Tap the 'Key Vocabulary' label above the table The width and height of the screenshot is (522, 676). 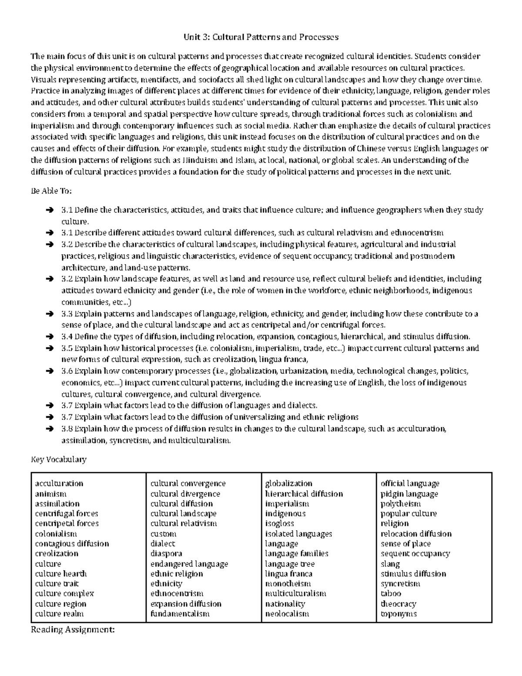click(x=59, y=459)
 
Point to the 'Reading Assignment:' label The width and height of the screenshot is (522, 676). click(x=73, y=629)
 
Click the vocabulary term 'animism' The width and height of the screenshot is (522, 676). click(x=51, y=494)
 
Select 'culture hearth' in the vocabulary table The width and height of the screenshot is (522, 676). click(x=61, y=574)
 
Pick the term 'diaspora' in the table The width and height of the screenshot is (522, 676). click(x=166, y=554)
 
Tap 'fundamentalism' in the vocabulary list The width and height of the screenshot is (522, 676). click(x=180, y=614)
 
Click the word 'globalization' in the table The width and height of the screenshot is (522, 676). click(x=289, y=484)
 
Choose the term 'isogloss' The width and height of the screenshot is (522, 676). click(x=280, y=524)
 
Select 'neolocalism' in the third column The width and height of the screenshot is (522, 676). click(x=287, y=614)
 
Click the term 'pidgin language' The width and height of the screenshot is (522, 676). click(x=409, y=494)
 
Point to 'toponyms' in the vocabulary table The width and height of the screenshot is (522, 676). click(x=398, y=614)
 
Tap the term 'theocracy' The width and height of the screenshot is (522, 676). click(x=398, y=604)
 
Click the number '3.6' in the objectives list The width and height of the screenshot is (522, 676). click(x=67, y=371)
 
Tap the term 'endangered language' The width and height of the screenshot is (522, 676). click(x=189, y=564)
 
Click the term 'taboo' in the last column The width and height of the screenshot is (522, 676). click(x=391, y=594)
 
